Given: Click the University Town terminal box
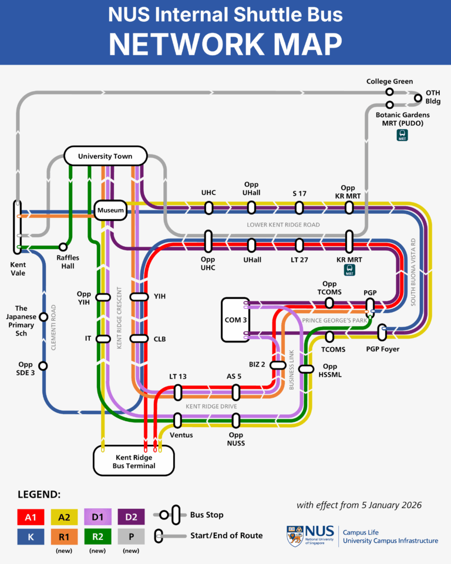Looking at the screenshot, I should click(105, 156).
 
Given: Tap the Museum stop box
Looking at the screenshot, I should click(111, 210).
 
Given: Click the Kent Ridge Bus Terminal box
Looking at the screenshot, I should click(134, 461).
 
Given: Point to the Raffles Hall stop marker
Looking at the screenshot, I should click(63, 247).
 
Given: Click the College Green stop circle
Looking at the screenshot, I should click(389, 92).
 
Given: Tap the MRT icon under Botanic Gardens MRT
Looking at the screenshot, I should click(402, 135).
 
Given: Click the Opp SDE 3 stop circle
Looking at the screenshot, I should click(43, 366).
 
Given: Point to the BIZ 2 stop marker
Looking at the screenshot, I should click(278, 365).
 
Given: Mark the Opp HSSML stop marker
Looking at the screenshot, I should click(307, 369).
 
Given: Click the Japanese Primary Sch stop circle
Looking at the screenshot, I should click(43, 317).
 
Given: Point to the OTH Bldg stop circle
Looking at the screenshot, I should click(418, 98).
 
